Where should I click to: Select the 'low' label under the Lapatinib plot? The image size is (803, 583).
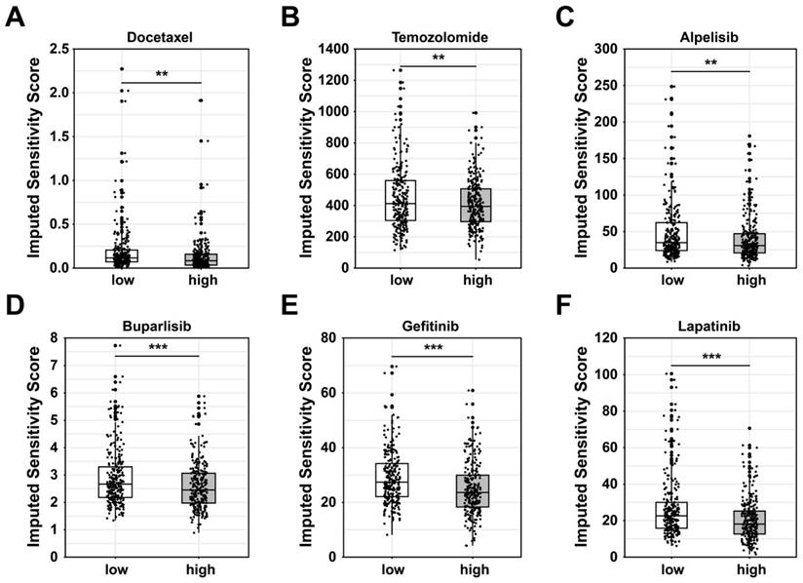coord(672,570)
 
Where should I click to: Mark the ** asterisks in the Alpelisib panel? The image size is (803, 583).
coord(711,61)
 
